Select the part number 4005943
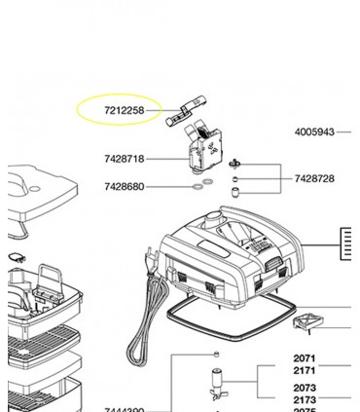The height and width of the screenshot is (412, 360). coord(314,131)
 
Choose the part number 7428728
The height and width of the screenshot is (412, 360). coord(313,179)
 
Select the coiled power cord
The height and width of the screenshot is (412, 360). coord(157,312)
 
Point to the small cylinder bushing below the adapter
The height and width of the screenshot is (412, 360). coord(235,193)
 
